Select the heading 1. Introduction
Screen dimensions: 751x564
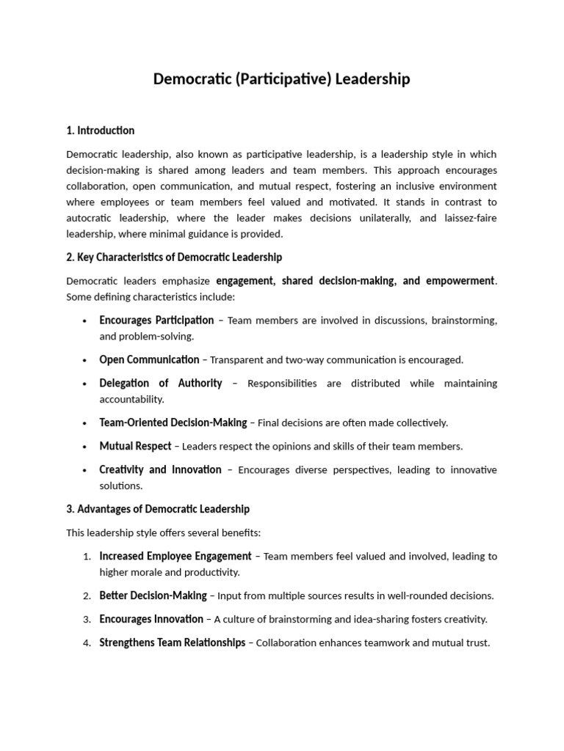coord(101,131)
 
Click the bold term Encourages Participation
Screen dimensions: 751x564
coord(156,320)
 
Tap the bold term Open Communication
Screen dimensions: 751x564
coord(149,359)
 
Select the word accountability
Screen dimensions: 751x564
coord(131,400)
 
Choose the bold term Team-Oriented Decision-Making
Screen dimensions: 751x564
coord(173,422)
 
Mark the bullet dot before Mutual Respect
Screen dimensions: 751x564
coord(86,447)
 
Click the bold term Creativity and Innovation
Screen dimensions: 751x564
coord(160,469)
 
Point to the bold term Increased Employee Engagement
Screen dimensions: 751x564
coord(175,556)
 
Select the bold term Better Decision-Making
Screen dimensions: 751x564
coord(153,596)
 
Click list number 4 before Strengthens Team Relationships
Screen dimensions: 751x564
coord(87,643)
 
